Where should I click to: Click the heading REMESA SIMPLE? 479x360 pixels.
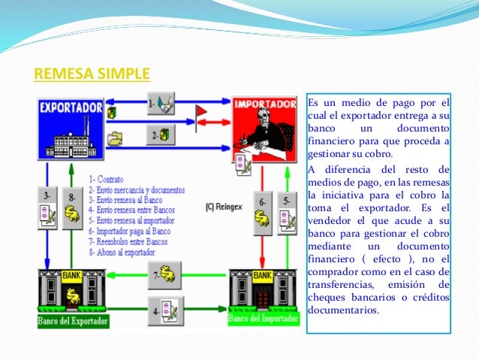pos(92,74)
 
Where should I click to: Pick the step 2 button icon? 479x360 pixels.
pos(161,135)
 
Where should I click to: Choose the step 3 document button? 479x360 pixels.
pos(50,209)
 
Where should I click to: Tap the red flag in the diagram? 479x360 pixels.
pos(200,113)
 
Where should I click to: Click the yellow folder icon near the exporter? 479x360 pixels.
pos(115,138)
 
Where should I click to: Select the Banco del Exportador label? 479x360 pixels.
pos(74,321)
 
